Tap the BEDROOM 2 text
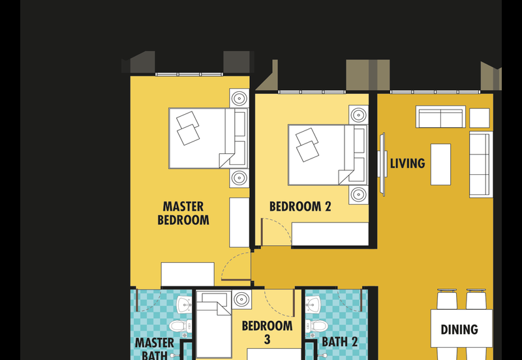pyautogui.click(x=300, y=207)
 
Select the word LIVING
pyautogui.click(x=407, y=163)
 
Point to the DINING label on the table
pyautogui.click(x=459, y=329)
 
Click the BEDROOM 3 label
pyautogui.click(x=267, y=332)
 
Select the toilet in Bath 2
pyautogui.click(x=318, y=325)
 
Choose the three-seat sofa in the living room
pyautogui.click(x=482, y=163)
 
